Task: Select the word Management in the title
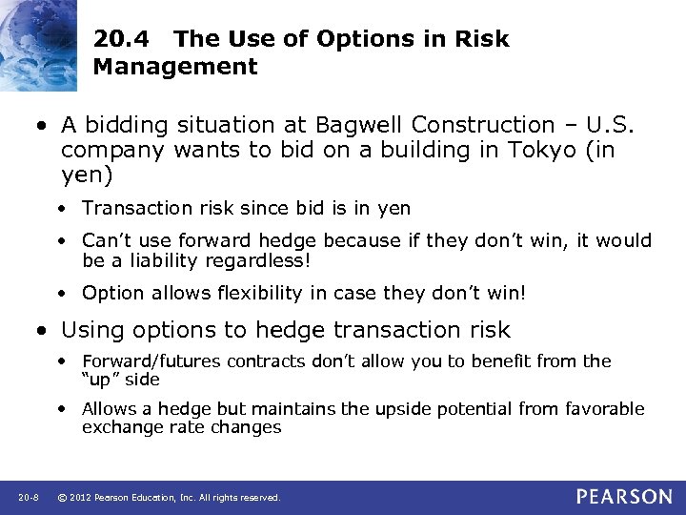(x=175, y=67)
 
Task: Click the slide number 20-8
(x=27, y=498)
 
